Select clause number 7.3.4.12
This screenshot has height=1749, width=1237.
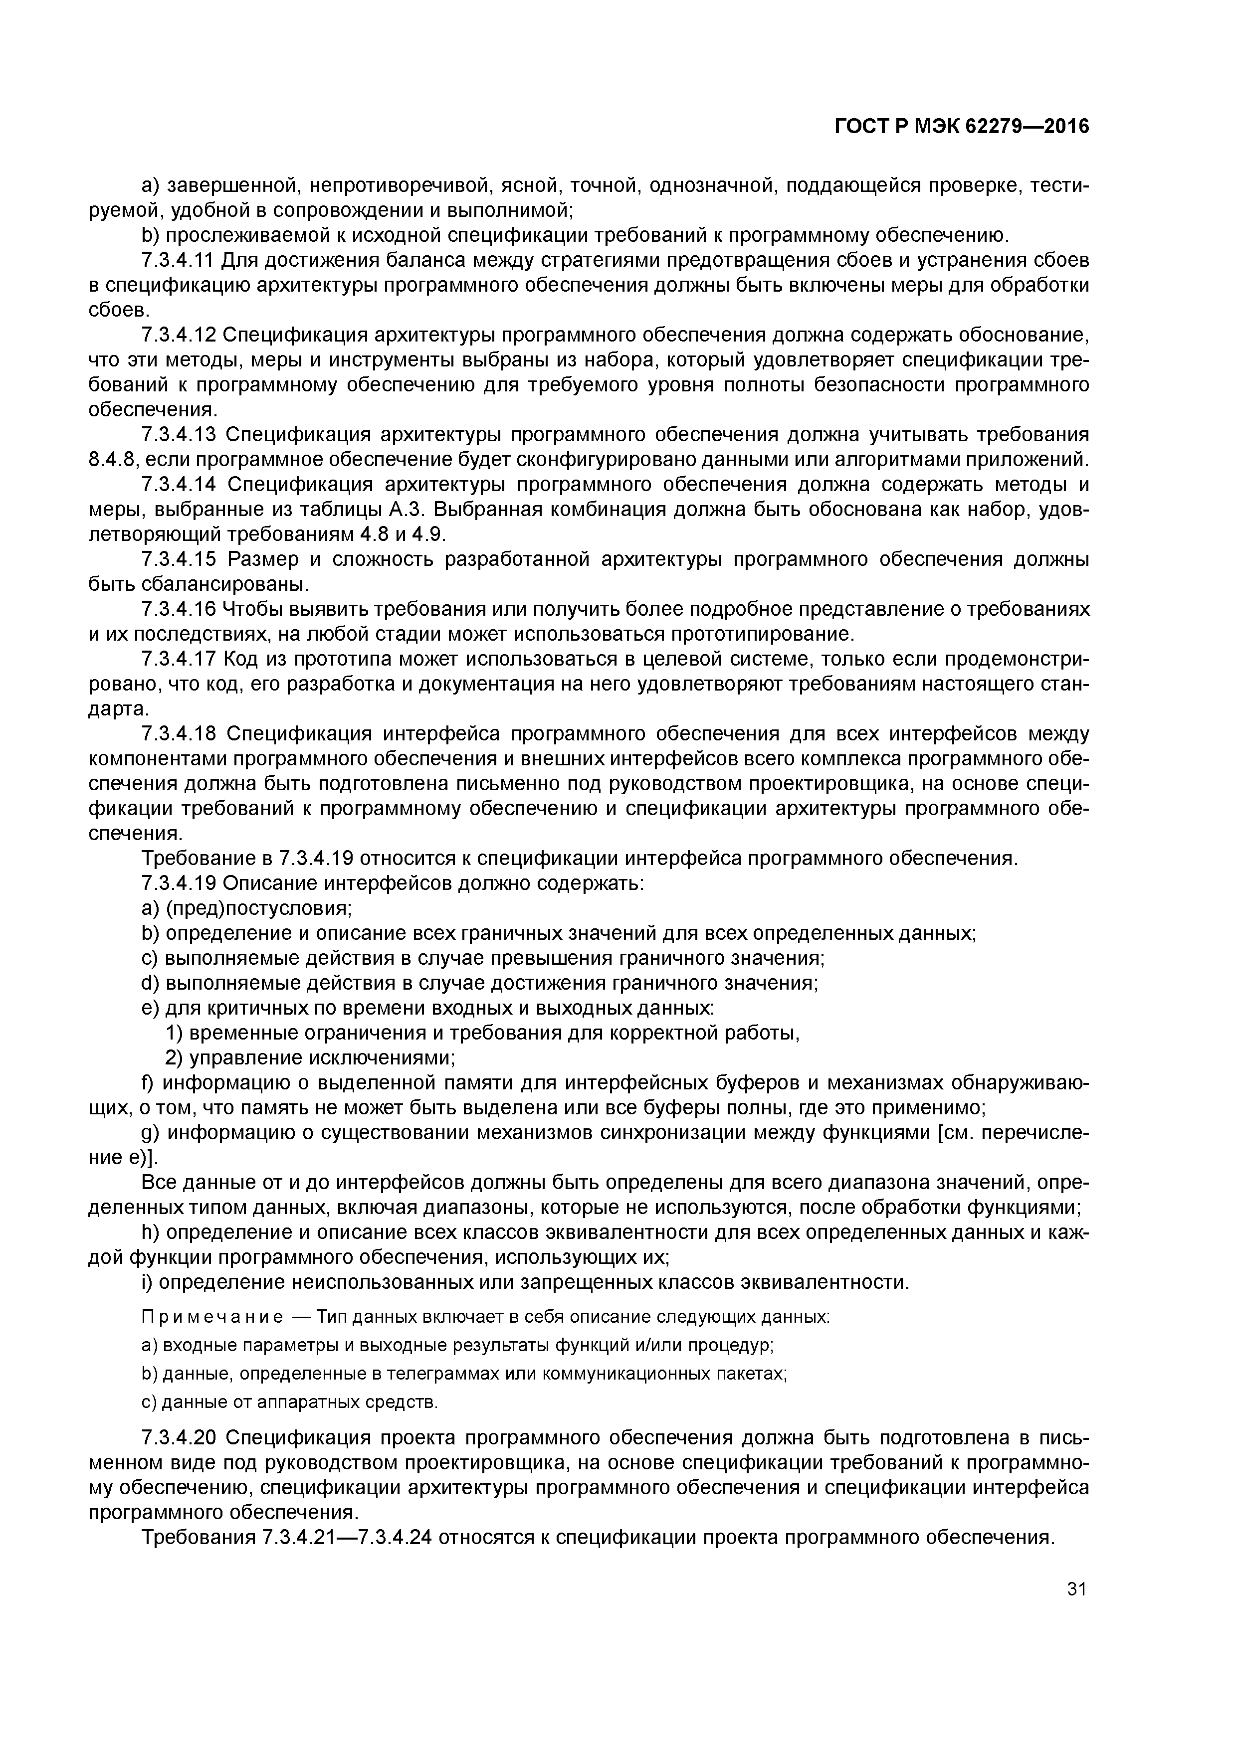[x=179, y=335]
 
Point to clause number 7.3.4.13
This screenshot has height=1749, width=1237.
[x=179, y=435]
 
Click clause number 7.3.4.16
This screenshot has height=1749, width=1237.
[x=179, y=609]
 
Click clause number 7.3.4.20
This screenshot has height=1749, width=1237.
[x=180, y=1438]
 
